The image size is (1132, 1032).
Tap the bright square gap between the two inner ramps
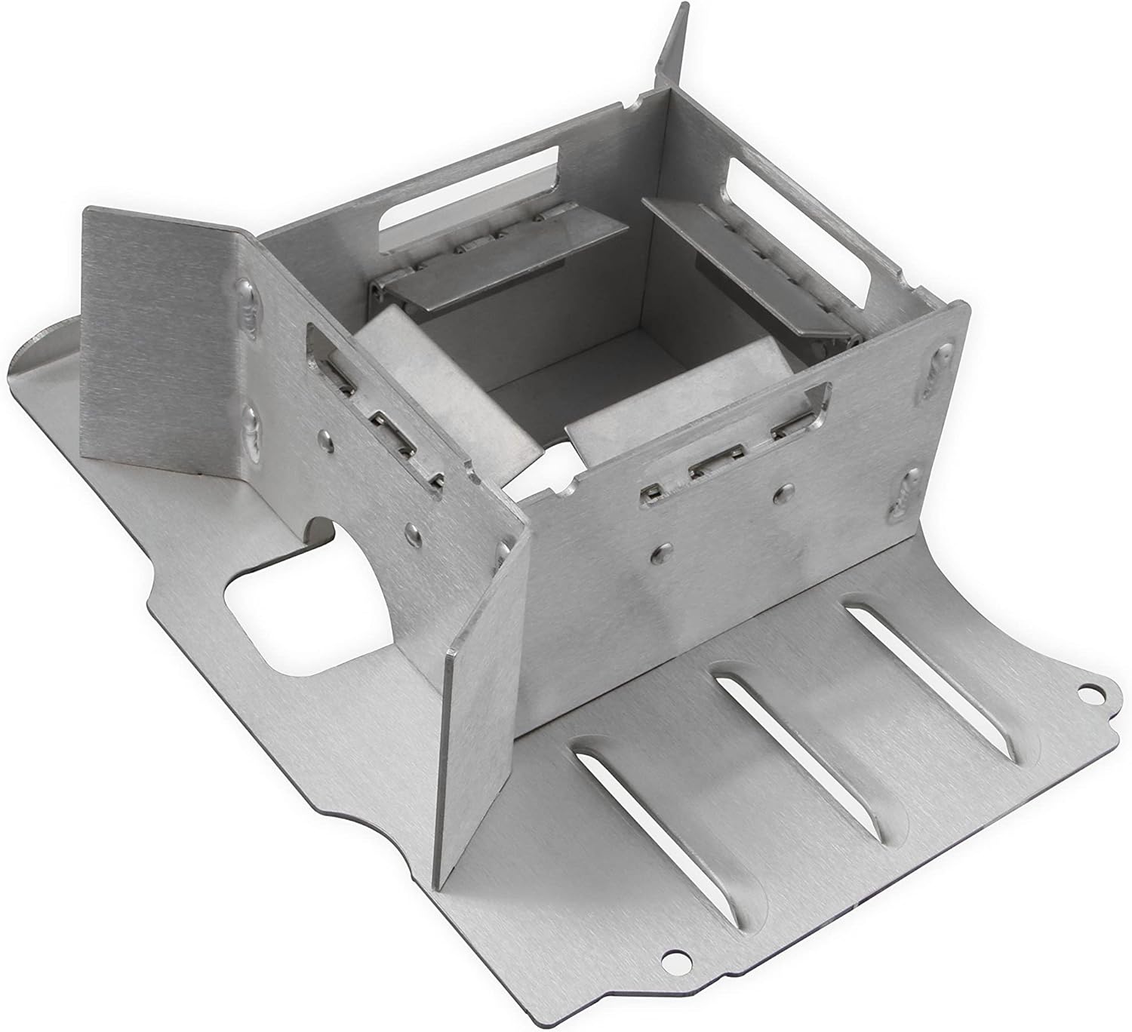pos(562,456)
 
